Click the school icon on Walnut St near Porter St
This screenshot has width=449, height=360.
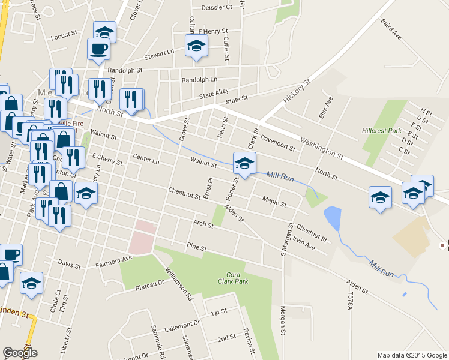click(244, 163)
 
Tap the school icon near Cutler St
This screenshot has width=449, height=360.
click(196, 47)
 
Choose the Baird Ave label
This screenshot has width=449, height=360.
click(390, 28)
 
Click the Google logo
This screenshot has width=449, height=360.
click(20, 353)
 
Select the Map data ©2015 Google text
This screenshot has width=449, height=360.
click(412, 355)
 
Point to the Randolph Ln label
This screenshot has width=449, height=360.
click(199, 80)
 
